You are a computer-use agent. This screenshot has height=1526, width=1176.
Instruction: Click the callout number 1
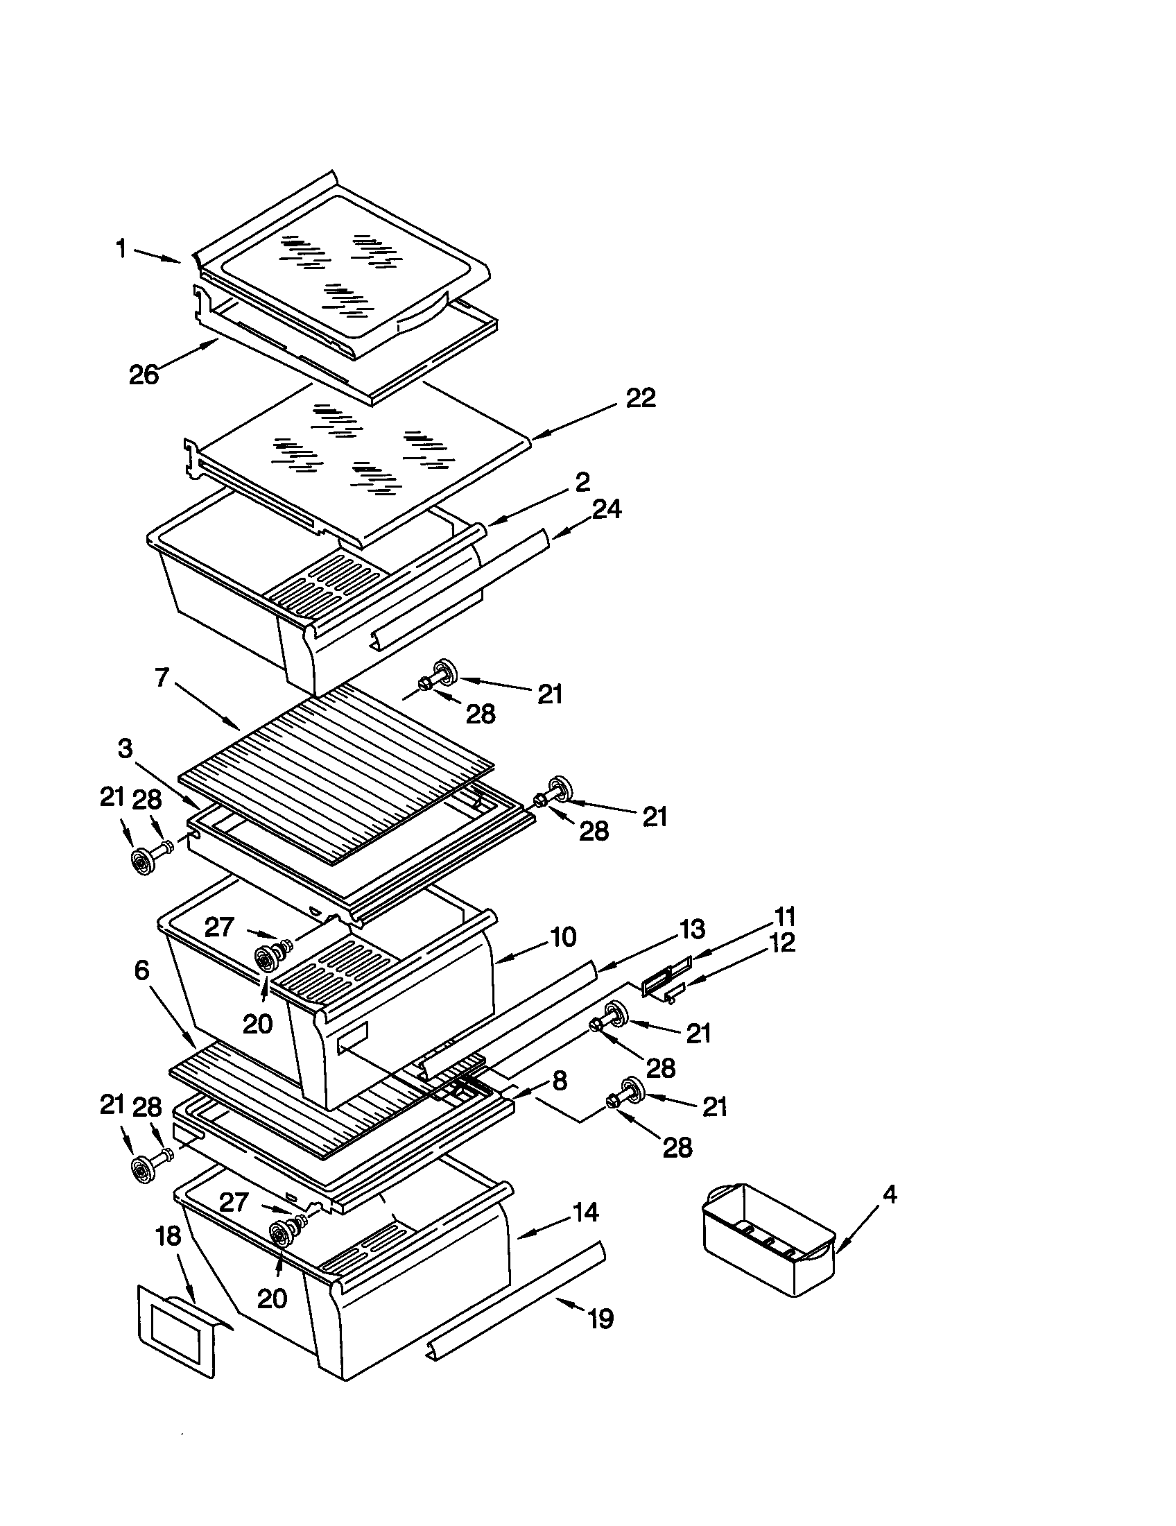(121, 248)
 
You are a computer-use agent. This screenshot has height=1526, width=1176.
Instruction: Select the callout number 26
(144, 375)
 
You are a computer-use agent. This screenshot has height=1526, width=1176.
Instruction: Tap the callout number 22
(641, 398)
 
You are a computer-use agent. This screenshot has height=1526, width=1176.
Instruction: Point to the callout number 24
(606, 508)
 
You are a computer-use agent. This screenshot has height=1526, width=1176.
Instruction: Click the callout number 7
(162, 676)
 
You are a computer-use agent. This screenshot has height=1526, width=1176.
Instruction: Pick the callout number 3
(125, 749)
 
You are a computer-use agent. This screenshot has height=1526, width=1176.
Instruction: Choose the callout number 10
(563, 936)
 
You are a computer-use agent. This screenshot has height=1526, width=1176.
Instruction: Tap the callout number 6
(141, 970)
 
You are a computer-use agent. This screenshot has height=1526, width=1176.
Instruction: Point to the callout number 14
(585, 1212)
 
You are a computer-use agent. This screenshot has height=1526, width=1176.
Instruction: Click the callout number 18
(168, 1235)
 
